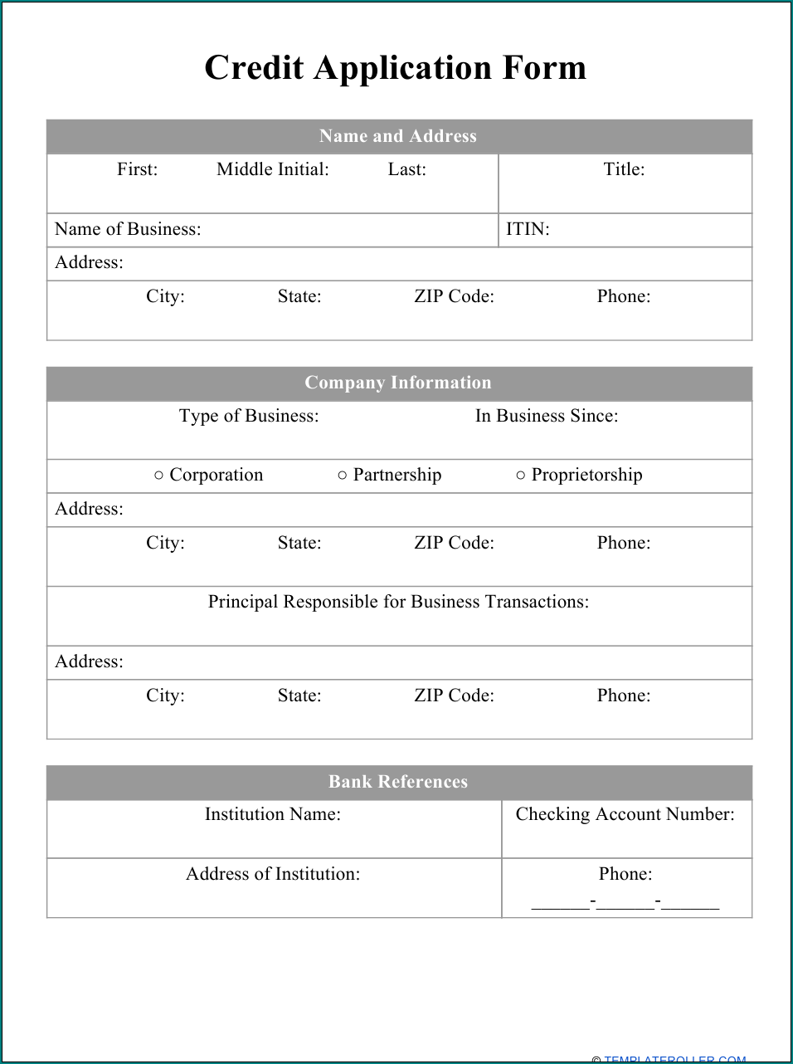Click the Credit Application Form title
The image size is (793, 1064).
point(396,68)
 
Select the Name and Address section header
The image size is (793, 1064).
point(398,136)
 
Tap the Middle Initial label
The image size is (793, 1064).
point(272,169)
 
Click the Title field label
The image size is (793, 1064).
point(624,169)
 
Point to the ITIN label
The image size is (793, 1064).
point(528,229)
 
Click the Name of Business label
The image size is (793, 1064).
point(128,229)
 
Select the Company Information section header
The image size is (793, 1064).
point(398,383)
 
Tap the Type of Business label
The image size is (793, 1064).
point(249,416)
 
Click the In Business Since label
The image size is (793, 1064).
point(547,416)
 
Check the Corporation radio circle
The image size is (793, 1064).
point(158,476)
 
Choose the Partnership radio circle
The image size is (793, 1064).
point(343,476)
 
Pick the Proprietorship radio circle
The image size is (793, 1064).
point(521,476)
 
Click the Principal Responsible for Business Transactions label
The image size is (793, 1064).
point(398,602)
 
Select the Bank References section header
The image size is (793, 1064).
point(398,782)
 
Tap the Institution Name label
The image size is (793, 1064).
point(273,814)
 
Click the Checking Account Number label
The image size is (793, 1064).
point(625,814)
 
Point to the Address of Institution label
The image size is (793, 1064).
point(273,874)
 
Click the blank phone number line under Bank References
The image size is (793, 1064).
point(625,902)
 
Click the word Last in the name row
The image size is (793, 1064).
point(406,169)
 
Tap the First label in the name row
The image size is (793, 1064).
point(137,169)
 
